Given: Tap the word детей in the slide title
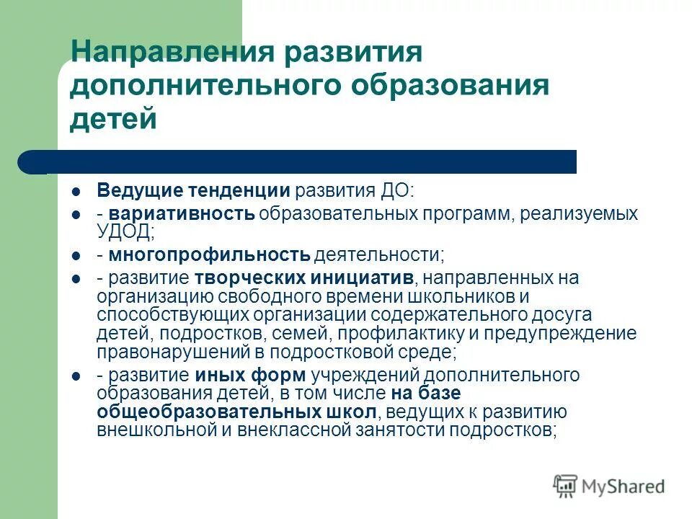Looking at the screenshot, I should tap(113, 118).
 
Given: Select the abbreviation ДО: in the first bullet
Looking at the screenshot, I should tap(398, 191).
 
